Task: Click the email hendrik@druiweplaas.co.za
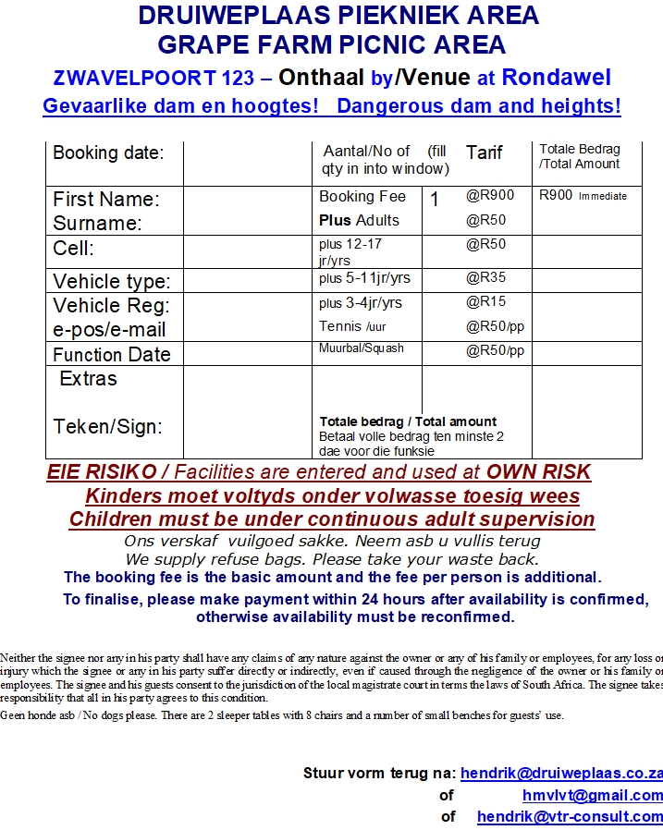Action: (x=561, y=773)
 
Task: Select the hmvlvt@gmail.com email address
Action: (x=592, y=795)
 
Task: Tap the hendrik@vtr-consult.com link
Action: (x=570, y=817)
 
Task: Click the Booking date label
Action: (x=108, y=153)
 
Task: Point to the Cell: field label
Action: (x=74, y=249)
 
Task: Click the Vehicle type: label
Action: (x=112, y=281)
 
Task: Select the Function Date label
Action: (x=112, y=355)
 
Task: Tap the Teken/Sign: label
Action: (x=108, y=426)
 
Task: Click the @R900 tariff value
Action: (x=490, y=195)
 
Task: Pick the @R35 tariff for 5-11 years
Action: (x=486, y=277)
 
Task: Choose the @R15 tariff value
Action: (x=486, y=301)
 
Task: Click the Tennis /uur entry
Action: (x=351, y=326)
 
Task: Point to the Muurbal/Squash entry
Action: (x=362, y=348)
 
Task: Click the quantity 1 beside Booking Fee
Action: (x=435, y=198)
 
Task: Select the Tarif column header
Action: (x=485, y=153)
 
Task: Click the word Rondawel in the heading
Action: (x=557, y=78)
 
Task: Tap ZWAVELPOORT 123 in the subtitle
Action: (x=153, y=79)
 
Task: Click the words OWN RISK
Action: (x=538, y=471)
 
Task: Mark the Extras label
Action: (x=88, y=379)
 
